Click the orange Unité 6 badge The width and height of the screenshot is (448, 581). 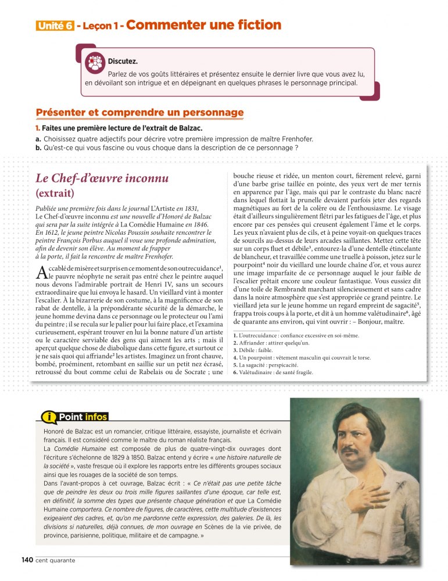pos(55,26)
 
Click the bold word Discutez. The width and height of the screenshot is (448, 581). pos(123,61)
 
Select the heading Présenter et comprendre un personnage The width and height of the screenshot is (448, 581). pos(139,112)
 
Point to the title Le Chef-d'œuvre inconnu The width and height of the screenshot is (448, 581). pos(102,178)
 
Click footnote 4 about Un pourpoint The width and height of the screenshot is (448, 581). pos(302,357)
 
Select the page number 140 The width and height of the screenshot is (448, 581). pos(27,560)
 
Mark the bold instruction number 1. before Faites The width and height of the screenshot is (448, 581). pos(38,128)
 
